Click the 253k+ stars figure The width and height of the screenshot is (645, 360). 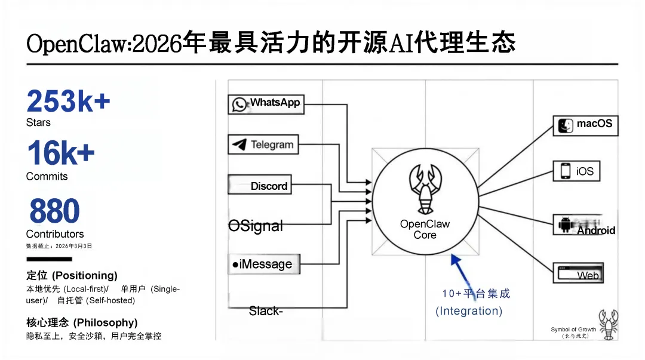tap(68, 101)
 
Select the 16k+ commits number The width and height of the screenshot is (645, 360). tap(60, 153)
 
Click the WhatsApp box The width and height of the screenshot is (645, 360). tap(266, 104)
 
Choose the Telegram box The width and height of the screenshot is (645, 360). tap(263, 144)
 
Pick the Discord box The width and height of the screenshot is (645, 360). tap(259, 185)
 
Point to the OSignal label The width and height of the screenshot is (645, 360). tap(256, 226)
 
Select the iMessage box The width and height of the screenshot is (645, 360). tap(262, 264)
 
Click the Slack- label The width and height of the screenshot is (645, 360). tap(266, 311)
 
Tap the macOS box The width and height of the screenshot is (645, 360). tap(585, 125)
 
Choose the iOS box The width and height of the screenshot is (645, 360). tap(577, 171)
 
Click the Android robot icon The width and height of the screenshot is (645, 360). tap(565, 225)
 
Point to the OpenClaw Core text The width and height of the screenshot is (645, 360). tap(425, 229)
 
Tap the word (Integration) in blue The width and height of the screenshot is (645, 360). tap(469, 311)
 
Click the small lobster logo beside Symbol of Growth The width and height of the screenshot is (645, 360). tap(609, 325)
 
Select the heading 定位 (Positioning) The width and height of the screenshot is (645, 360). tap(72, 275)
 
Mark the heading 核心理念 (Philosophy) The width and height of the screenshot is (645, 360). tap(82, 322)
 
